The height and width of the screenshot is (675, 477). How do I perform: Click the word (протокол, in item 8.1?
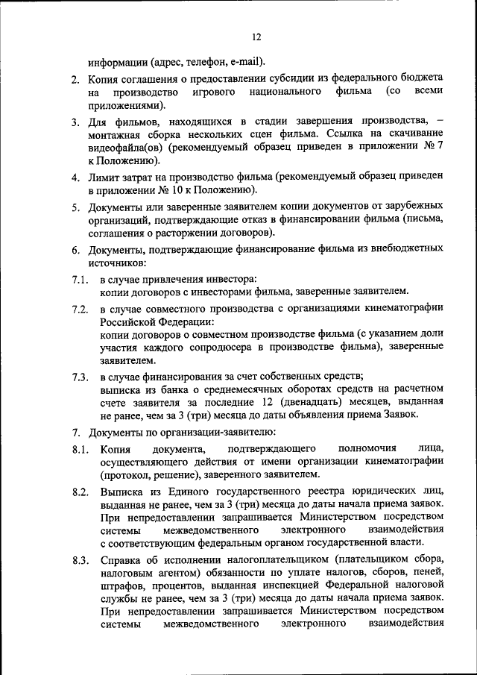pyautogui.click(x=126, y=474)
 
